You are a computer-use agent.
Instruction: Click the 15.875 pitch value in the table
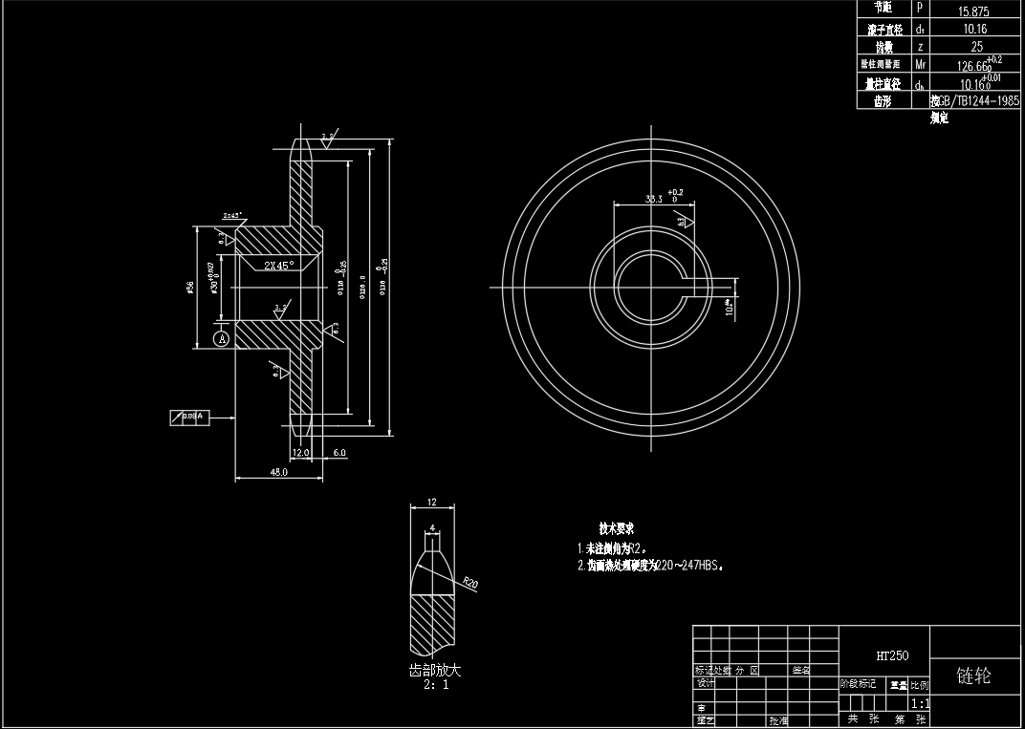click(974, 11)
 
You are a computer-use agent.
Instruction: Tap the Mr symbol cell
click(920, 64)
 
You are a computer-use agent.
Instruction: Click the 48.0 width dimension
click(279, 472)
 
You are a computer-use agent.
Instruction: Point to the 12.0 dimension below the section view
click(300, 453)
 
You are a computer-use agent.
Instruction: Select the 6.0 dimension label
click(339, 453)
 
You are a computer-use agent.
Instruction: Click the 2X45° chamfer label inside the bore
click(278, 266)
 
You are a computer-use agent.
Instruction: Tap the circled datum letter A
click(222, 338)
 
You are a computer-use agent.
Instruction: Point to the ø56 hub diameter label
click(191, 289)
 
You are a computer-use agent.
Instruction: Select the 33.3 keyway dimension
click(654, 199)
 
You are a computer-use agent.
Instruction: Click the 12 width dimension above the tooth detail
click(431, 502)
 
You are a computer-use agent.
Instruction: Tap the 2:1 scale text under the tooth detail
click(434, 684)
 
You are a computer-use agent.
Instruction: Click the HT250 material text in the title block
click(891, 656)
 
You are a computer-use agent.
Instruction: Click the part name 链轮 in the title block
click(974, 676)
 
